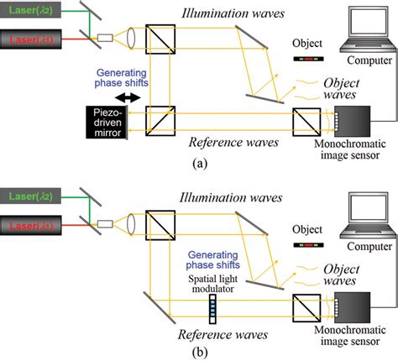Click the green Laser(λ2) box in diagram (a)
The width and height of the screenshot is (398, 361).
coord(32,12)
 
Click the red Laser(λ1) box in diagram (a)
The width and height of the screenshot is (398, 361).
coord(32,39)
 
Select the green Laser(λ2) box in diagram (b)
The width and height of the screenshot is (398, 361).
coord(32,197)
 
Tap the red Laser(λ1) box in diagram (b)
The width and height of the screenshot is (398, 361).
coord(32,224)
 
